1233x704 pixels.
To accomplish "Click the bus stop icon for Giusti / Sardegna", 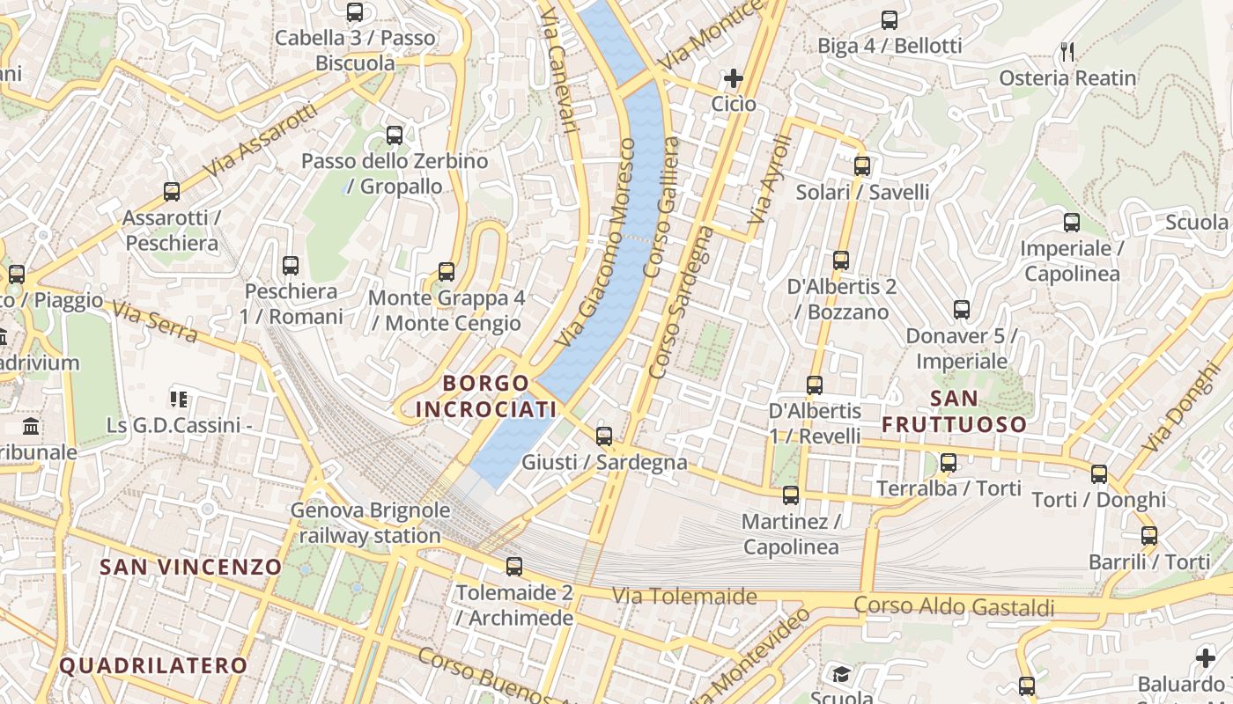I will coord(604,436).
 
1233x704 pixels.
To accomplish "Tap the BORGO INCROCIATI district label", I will coord(486,396).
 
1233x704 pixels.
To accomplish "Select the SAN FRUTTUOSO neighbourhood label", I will coord(955,412).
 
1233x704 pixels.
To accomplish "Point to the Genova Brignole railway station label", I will coord(371,523).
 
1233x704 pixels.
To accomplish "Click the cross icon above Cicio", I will coord(734,79).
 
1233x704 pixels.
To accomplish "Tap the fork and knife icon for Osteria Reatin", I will coord(1068,52).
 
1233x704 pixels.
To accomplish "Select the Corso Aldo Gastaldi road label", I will coord(954,605).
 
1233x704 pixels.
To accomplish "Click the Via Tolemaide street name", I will coord(684,597).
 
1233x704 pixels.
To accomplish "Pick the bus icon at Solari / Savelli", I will coord(862,165).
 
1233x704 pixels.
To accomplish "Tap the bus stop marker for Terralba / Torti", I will coord(949,462).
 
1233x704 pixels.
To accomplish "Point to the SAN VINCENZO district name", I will coord(191,567).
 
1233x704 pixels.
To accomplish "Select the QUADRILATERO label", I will coord(153,665).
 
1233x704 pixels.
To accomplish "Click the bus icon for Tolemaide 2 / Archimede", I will coord(514,567).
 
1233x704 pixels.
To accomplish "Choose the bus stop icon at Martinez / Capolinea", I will coord(791,495).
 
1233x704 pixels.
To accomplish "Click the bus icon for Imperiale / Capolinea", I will coord(1072,222).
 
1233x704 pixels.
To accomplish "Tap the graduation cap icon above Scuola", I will coord(841,674).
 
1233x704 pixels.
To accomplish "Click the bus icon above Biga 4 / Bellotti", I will coord(890,19).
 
